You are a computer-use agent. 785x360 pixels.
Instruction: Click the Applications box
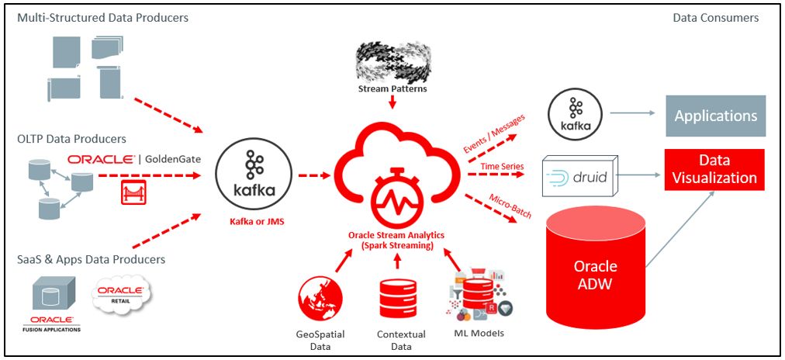(x=715, y=116)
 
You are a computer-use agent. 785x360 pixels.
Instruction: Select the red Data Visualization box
(x=714, y=169)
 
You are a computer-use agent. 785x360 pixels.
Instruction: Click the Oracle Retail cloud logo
(x=121, y=294)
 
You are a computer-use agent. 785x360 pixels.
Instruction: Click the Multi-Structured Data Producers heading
(x=102, y=17)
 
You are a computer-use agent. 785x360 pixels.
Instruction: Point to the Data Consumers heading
(x=715, y=17)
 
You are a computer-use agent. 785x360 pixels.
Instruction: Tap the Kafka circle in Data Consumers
(x=576, y=114)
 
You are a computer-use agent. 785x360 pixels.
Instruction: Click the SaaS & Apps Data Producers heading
(x=91, y=259)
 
